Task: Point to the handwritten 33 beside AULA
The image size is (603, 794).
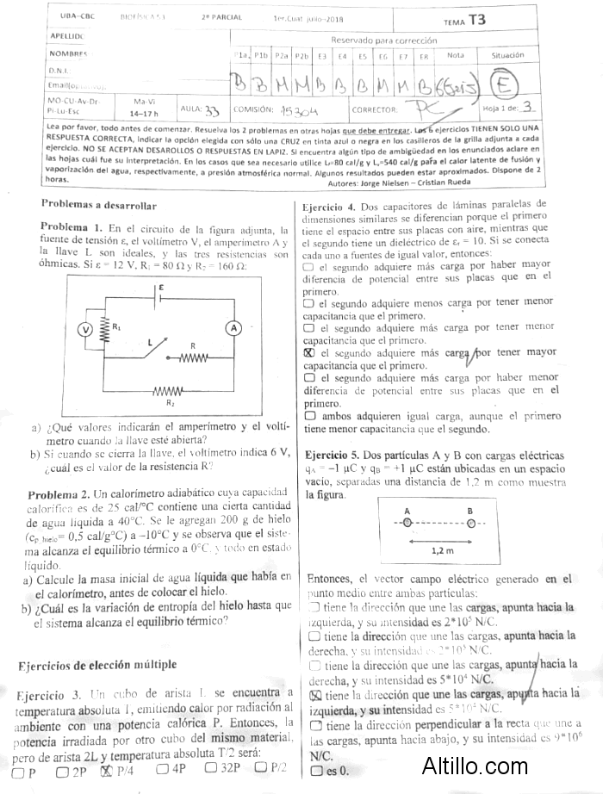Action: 212,110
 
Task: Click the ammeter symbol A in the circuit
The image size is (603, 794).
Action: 232,329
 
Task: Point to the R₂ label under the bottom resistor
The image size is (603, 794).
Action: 170,402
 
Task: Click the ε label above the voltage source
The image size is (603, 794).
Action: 159,287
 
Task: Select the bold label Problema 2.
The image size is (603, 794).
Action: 59,494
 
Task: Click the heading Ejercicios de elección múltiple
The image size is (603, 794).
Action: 97,664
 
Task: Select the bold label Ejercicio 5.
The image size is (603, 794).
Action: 332,454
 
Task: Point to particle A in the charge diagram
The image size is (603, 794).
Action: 407,523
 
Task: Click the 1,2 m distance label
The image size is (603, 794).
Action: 441,549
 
